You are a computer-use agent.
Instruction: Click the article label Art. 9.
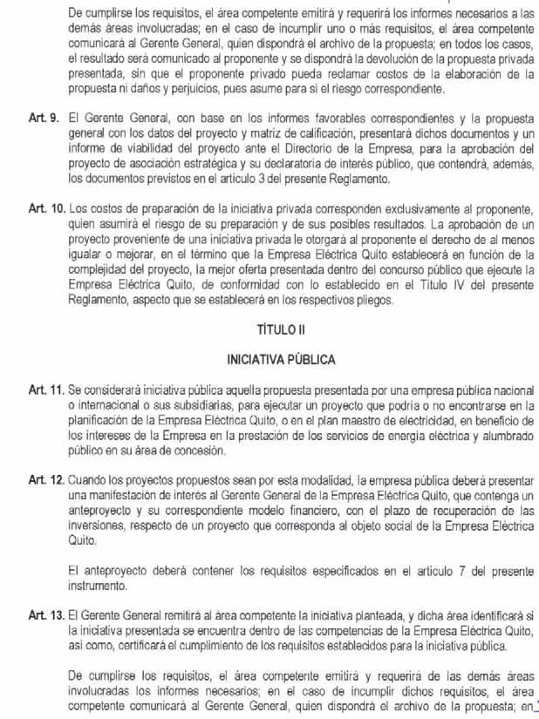tap(43, 113)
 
